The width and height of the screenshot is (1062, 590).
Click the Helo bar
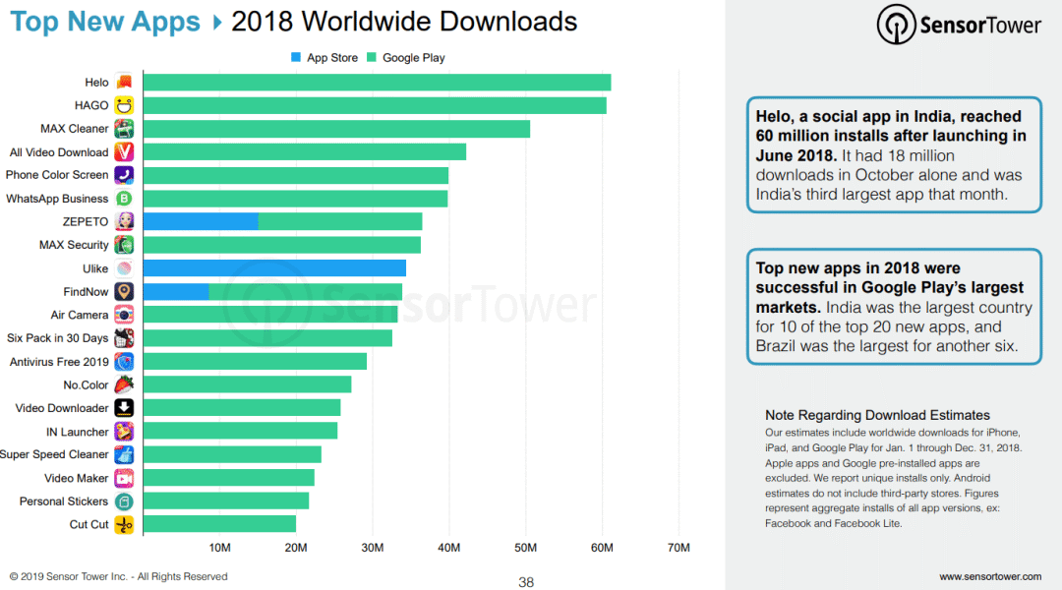point(377,83)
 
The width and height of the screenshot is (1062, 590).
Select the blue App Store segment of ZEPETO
point(201,221)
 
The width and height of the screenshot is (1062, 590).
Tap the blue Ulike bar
point(274,267)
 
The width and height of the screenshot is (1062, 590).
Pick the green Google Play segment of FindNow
point(306,291)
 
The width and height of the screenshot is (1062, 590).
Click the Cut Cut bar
point(219,524)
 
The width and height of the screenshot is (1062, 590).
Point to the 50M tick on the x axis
point(525,547)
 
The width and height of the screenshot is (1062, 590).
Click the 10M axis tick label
point(219,547)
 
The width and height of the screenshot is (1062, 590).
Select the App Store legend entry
point(324,58)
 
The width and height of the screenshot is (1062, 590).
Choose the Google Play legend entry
point(405,58)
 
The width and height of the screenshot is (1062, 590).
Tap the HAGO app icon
point(124,105)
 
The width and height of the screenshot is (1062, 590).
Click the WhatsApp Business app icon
point(124,199)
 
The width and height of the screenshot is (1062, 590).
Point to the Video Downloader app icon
point(124,408)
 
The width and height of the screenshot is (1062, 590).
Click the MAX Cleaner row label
point(74,129)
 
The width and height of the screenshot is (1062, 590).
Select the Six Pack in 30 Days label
point(57,338)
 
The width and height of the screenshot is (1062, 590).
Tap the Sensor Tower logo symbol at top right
point(896,25)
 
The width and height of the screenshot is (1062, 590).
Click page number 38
point(526,582)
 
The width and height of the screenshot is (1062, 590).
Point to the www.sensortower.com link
point(989,576)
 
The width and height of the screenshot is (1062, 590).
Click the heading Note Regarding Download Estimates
point(877,415)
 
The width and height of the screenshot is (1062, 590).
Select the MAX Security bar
point(281,245)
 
